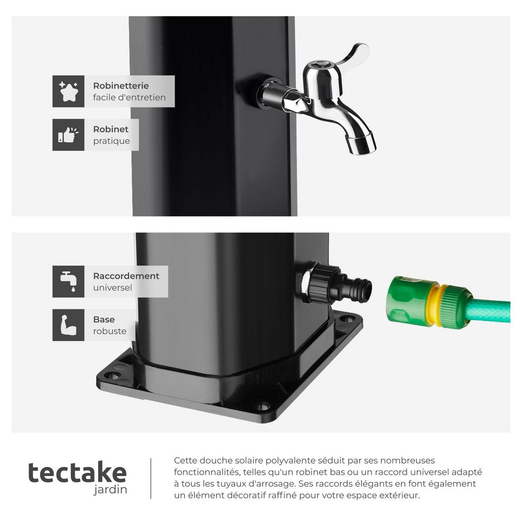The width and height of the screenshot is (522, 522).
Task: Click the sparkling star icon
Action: click(x=68, y=91)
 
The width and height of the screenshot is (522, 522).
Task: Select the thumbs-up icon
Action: click(x=68, y=135)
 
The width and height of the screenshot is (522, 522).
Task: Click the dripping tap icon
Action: click(x=68, y=281)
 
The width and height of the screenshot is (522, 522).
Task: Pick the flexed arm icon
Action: click(x=68, y=325)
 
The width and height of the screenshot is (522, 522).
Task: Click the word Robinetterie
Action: click(x=120, y=86)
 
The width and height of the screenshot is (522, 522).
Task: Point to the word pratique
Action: click(x=111, y=141)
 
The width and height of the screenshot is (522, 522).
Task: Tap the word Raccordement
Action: click(x=126, y=276)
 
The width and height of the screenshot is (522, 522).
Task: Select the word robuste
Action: click(x=110, y=331)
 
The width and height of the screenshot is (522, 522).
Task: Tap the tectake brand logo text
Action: click(x=77, y=472)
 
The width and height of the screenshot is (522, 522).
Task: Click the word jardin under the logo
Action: click(x=110, y=489)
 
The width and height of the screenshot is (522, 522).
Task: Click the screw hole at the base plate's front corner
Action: click(x=261, y=408)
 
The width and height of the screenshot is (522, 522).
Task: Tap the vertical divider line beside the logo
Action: click(x=151, y=478)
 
